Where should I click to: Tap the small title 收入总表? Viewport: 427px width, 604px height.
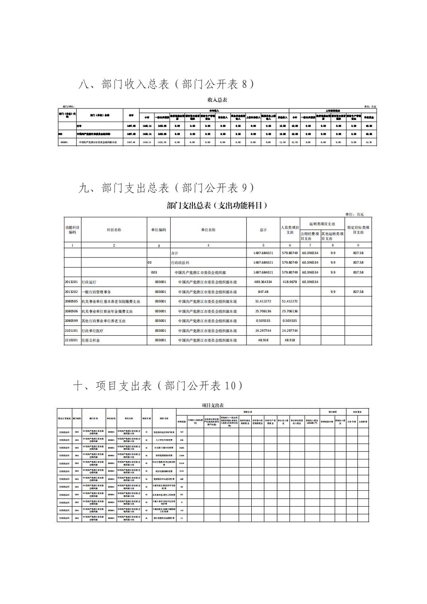point(217,100)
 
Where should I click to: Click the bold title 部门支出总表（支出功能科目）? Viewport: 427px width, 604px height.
point(217,205)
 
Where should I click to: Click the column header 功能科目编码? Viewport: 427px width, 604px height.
point(72,230)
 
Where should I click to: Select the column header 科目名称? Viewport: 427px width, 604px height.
point(114,230)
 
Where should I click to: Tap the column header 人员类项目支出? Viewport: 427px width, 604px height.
point(290,230)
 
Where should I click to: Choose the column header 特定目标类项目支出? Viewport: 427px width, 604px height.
point(358,230)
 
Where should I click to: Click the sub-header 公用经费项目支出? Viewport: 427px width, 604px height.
point(310,236)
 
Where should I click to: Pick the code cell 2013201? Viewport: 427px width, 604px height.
point(72,282)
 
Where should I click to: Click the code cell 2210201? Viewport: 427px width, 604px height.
point(72,340)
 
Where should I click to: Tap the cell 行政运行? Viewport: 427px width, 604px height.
point(89,282)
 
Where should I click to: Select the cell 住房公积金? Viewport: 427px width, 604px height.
point(91,341)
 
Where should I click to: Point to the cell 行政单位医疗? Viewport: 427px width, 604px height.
point(92,331)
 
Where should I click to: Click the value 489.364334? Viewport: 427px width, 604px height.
point(263,282)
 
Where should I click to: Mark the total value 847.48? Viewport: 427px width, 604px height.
point(263,292)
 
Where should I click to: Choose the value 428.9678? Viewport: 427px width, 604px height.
point(290,282)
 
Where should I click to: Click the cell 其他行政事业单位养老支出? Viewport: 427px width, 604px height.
point(103,321)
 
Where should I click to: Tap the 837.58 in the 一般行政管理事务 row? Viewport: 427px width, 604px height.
point(358,292)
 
